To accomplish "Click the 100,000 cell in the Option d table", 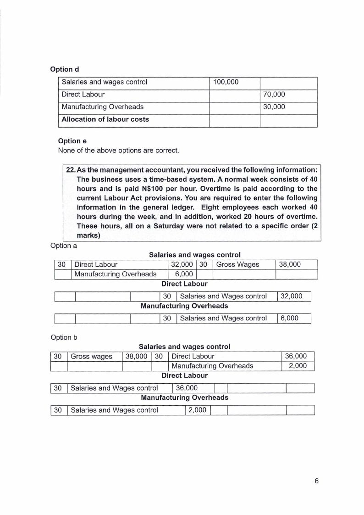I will pos(223,82).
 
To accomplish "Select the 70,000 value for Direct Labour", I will pos(274,95).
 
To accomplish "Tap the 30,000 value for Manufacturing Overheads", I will pos(274,107).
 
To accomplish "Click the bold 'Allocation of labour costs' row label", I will pos(105,119).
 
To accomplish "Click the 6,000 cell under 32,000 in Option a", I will pos(183,274).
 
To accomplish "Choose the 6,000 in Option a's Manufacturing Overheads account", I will pos(289,318).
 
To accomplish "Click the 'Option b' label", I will pos(64,337).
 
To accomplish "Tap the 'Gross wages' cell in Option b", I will pos(91,356).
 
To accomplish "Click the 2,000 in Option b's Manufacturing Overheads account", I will pos(198,410).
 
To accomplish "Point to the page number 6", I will pos(316,481).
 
